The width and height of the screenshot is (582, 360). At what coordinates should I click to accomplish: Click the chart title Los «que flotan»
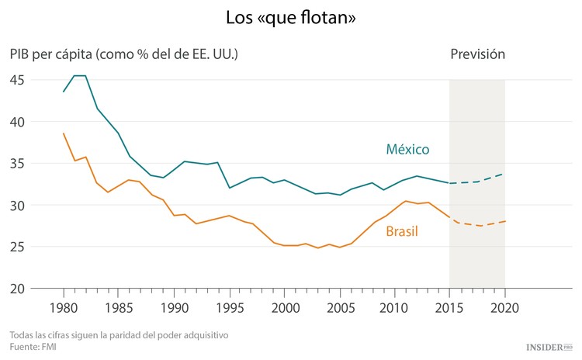pyautogui.click(x=291, y=16)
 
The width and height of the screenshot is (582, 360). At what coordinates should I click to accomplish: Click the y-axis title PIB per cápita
pyautogui.click(x=124, y=54)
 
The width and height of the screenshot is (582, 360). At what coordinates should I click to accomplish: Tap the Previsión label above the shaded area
pyautogui.click(x=477, y=54)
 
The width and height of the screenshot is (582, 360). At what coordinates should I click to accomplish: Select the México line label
pyautogui.click(x=407, y=149)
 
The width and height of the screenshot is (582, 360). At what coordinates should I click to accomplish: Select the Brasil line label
pyautogui.click(x=402, y=231)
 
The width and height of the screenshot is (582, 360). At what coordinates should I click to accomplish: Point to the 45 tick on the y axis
pyautogui.click(x=17, y=80)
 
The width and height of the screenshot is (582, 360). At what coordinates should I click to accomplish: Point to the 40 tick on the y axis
pyautogui.click(x=17, y=122)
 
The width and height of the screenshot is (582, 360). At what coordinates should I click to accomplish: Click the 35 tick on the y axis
pyautogui.click(x=17, y=164)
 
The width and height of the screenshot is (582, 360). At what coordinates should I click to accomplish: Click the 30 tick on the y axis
pyautogui.click(x=17, y=206)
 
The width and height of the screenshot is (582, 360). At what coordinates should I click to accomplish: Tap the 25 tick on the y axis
pyautogui.click(x=17, y=247)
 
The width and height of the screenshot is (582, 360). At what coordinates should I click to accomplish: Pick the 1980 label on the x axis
pyautogui.click(x=64, y=307)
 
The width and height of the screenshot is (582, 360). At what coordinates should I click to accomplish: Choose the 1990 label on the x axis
pyautogui.click(x=174, y=307)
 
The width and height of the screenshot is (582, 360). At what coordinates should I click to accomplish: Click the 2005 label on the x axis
pyautogui.click(x=339, y=307)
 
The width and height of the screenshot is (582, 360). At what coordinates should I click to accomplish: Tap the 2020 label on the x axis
pyautogui.click(x=504, y=307)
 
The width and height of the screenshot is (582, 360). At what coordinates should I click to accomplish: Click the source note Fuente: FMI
pyautogui.click(x=33, y=347)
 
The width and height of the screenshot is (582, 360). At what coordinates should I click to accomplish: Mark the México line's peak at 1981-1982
pyautogui.click(x=79, y=76)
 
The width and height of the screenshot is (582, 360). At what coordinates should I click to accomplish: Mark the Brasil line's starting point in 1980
pyautogui.click(x=64, y=133)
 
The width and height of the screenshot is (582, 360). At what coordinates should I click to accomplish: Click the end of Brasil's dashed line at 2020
pyautogui.click(x=504, y=221)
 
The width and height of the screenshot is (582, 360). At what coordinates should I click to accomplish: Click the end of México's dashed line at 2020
pyautogui.click(x=504, y=174)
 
